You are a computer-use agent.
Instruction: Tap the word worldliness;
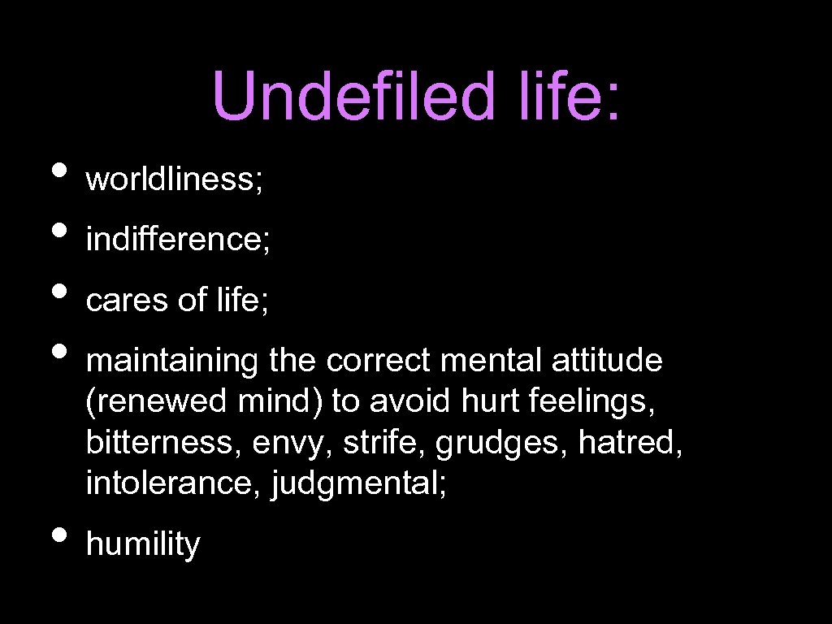tap(174, 180)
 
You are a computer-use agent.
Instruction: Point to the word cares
tap(127, 301)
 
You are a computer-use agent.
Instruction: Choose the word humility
tap(142, 544)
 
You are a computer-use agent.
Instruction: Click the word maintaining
tap(172, 362)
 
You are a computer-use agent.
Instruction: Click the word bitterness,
tap(164, 444)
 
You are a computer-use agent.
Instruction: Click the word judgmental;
tap(360, 485)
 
